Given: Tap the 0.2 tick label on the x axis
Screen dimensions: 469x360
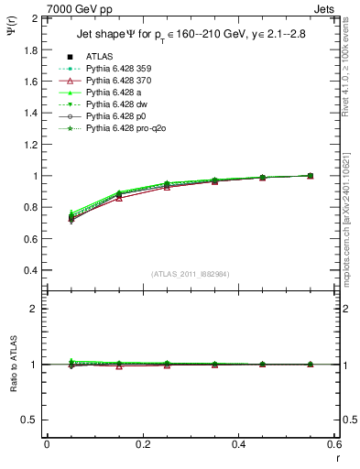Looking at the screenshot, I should pos(143,444).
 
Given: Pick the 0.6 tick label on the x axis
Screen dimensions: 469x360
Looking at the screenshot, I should pos(335,444).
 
